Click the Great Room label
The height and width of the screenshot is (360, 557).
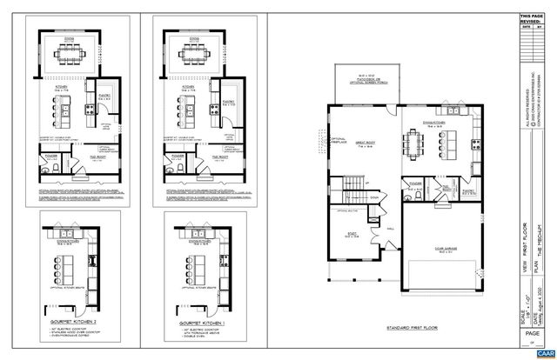pos(363,145)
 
